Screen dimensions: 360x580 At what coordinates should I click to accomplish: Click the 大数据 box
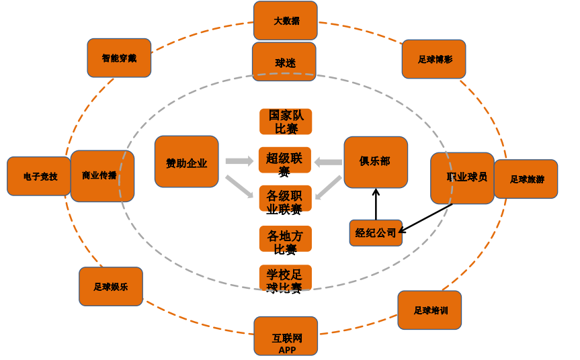click(286, 20)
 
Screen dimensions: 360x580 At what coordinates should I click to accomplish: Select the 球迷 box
click(284, 62)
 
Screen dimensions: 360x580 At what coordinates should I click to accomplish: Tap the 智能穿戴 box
click(119, 58)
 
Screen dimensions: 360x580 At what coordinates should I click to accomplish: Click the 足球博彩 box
click(433, 59)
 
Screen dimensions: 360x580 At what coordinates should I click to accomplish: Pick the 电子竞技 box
click(38, 176)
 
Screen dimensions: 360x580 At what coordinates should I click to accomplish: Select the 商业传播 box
click(101, 176)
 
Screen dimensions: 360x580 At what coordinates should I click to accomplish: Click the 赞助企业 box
click(186, 162)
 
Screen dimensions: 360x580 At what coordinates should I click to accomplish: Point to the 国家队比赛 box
click(286, 122)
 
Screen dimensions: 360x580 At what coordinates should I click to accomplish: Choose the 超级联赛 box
click(285, 160)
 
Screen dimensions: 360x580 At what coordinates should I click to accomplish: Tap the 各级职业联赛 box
click(286, 199)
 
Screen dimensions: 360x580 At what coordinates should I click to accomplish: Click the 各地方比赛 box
click(286, 238)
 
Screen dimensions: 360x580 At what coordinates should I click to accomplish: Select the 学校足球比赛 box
click(286, 277)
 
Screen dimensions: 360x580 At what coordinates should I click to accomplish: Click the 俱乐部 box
click(376, 162)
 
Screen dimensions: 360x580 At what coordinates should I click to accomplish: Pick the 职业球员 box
click(462, 178)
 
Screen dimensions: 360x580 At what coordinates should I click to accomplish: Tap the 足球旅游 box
click(526, 179)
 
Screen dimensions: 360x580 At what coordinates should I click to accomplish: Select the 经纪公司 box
click(376, 233)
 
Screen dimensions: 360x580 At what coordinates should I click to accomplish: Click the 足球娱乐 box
click(111, 287)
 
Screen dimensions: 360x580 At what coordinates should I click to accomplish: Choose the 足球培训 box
click(430, 310)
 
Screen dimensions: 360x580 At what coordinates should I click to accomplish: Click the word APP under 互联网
click(287, 350)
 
